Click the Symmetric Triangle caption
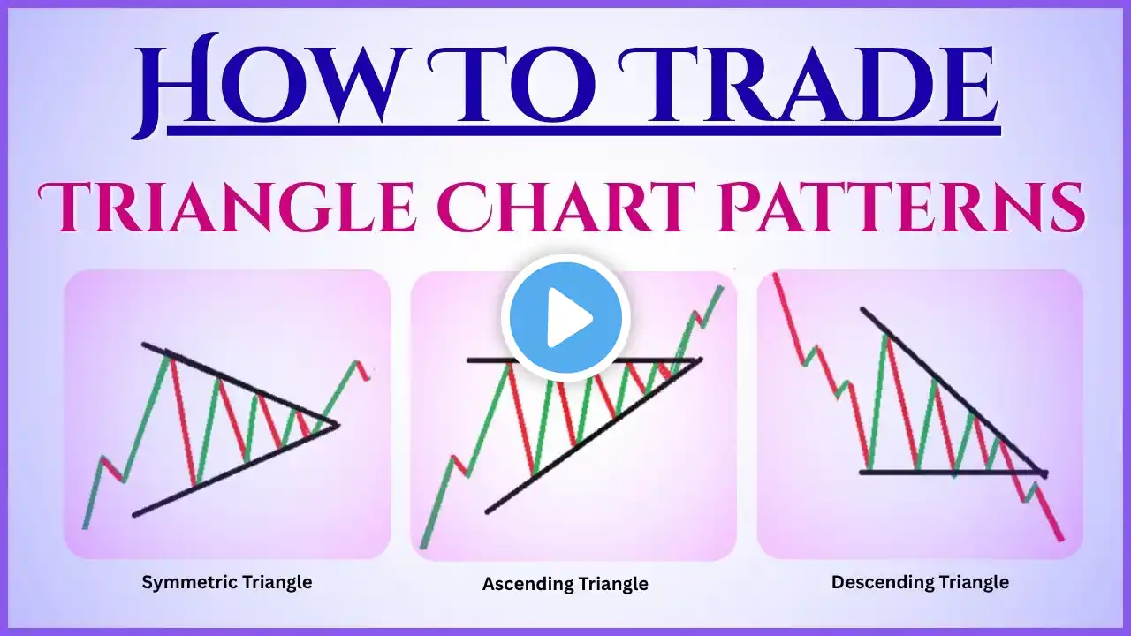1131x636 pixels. (227, 582)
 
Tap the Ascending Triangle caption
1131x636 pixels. (565, 584)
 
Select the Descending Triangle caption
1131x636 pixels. (920, 582)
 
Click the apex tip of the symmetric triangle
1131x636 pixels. (338, 425)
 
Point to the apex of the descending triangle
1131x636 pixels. (1045, 473)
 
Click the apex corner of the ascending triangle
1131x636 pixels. (700, 360)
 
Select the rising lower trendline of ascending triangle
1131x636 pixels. (593, 436)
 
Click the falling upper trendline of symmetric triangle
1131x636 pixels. (239, 384)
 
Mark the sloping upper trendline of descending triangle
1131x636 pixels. (953, 390)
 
